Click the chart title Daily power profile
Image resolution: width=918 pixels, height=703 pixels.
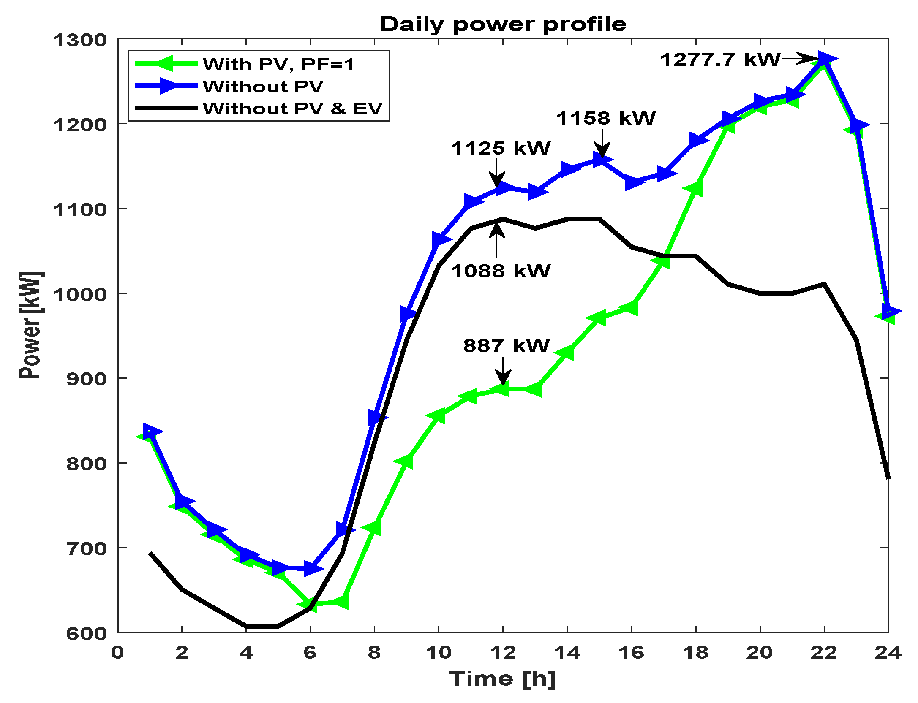[x=503, y=24]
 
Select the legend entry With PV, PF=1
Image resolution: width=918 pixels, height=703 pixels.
[x=278, y=64]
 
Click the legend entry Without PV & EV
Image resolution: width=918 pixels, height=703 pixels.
[x=292, y=109]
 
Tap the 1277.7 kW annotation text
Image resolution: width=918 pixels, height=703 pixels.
[x=720, y=60]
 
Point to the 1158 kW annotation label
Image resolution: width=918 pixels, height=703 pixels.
[x=606, y=118]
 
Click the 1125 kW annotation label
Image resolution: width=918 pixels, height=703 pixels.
[x=501, y=148]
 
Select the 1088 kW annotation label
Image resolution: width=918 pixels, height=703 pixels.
[x=501, y=271]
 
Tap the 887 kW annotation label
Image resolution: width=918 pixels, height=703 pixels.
[x=506, y=346]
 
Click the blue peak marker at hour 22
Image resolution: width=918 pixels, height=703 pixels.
[x=825, y=59]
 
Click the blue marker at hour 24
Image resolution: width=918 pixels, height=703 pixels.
[x=889, y=311]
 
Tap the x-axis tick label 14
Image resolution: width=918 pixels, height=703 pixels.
[x=567, y=653]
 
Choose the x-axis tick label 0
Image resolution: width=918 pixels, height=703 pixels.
[x=117, y=653]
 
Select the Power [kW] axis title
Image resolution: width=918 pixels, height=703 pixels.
[x=30, y=325]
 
